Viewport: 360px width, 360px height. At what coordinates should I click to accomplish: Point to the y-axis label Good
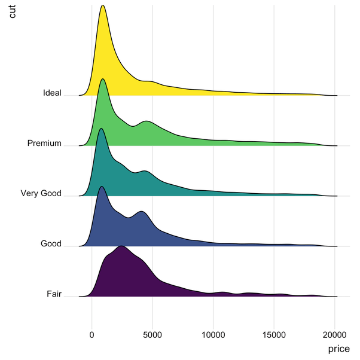pos(51,243)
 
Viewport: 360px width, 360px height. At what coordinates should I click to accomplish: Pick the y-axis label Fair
pos(54,294)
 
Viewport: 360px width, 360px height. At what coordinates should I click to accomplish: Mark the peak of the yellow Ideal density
pos(103,5)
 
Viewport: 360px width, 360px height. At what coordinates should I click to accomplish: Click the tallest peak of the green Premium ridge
pos(103,79)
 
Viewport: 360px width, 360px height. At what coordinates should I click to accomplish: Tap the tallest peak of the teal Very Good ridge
pos(101,129)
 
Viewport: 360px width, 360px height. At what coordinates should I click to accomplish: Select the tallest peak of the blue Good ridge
pos(102,187)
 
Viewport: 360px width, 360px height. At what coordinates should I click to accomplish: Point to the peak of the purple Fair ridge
pos(121,246)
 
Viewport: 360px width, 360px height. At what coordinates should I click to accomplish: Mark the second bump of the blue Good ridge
pos(142,211)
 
